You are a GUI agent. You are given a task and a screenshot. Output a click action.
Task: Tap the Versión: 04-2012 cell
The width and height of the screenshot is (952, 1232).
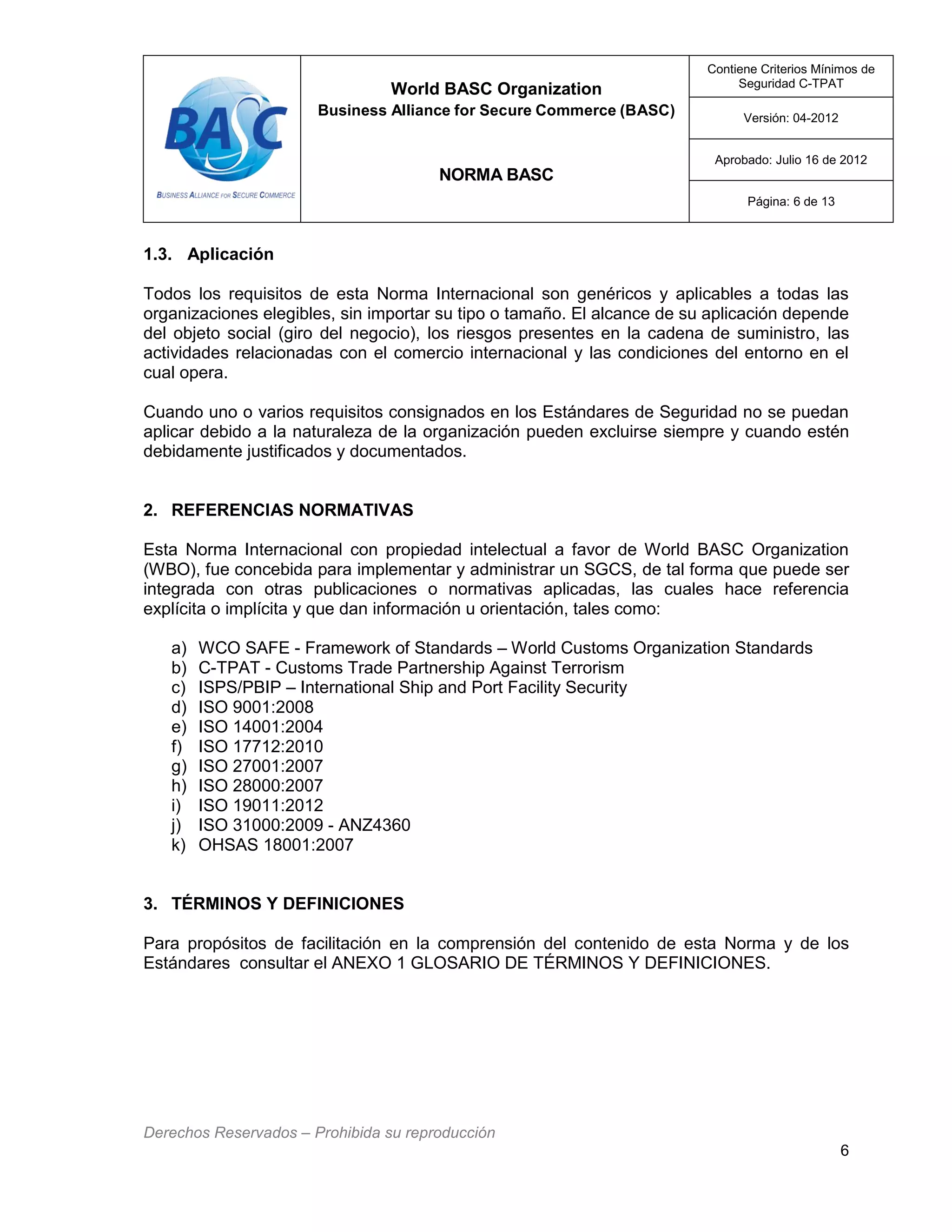tap(790, 119)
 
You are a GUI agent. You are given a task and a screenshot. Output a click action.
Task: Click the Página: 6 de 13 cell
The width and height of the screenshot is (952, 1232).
tap(790, 202)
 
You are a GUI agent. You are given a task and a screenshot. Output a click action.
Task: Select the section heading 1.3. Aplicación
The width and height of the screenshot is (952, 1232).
tap(208, 254)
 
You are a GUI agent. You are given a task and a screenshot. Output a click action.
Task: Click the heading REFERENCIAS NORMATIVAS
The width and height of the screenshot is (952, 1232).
tap(291, 510)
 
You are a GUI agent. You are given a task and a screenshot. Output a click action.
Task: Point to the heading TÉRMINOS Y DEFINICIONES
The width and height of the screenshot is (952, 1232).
tap(287, 904)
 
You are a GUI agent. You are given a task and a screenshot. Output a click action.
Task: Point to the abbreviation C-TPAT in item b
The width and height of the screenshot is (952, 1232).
tap(228, 668)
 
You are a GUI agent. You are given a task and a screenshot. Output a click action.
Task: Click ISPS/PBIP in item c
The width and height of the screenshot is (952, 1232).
tap(239, 688)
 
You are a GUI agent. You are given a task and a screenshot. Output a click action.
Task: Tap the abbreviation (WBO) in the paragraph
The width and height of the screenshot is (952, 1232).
tap(169, 570)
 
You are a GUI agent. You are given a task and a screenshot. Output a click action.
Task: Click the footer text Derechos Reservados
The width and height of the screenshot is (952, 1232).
tap(220, 1132)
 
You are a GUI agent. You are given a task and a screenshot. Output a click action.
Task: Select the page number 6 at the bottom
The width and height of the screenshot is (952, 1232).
tap(844, 1150)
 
